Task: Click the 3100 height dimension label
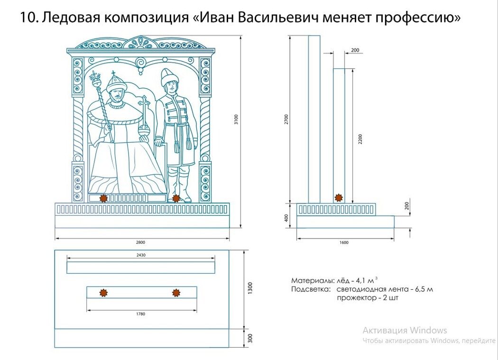236,120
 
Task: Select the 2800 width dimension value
140,242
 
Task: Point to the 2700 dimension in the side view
286,120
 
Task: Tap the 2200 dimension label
360,138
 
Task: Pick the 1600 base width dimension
344,243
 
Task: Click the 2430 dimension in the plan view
140,255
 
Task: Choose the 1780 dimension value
140,314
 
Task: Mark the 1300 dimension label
250,288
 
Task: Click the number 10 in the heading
28,18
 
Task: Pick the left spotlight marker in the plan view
103,293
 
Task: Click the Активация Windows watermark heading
405,331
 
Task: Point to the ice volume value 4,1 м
365,280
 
